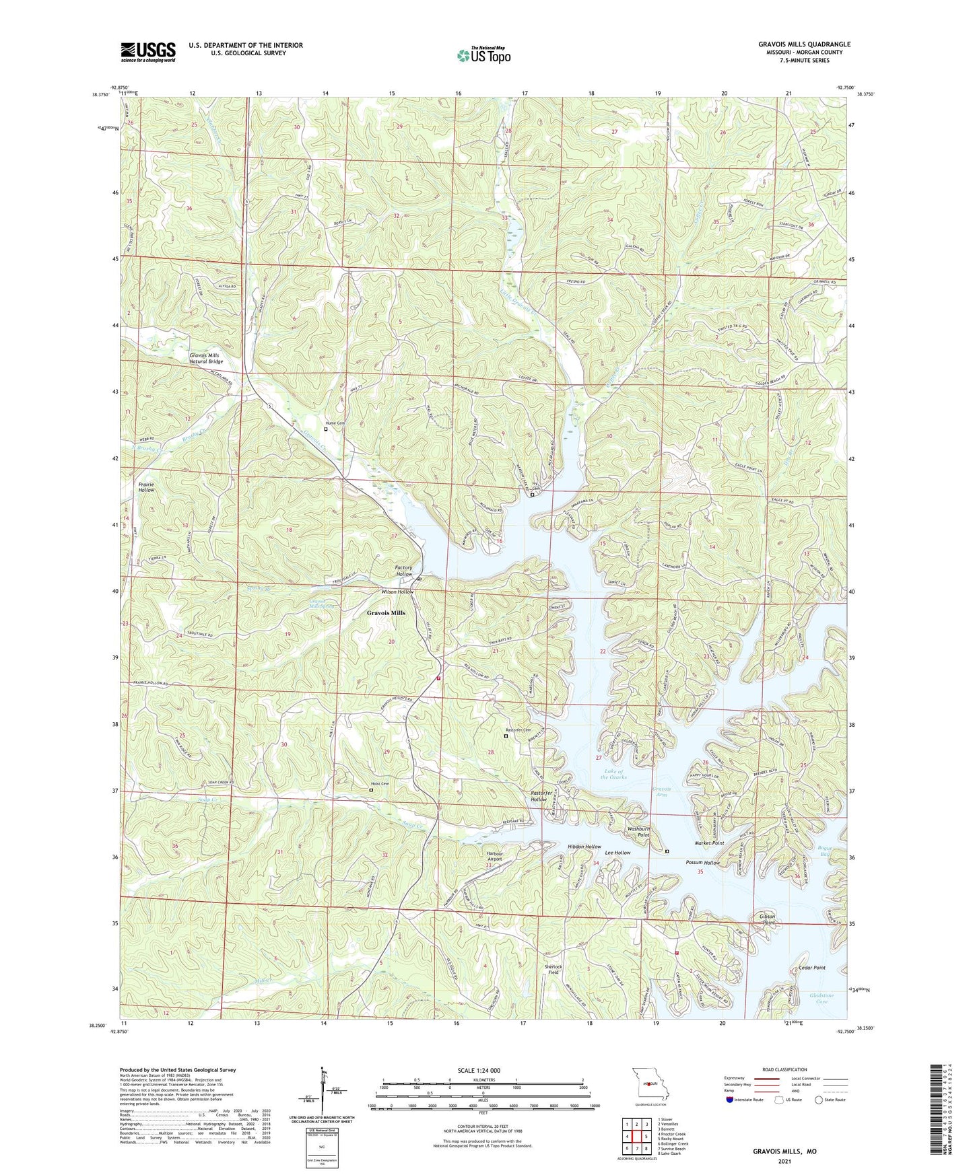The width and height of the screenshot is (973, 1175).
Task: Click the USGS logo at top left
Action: pyautogui.click(x=148, y=51)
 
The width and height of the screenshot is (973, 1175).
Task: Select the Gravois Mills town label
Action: pyautogui.click(x=386, y=613)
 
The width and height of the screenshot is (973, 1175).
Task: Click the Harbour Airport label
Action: pyautogui.click(x=494, y=856)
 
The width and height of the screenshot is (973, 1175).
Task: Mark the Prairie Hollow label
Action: pyautogui.click(x=146, y=487)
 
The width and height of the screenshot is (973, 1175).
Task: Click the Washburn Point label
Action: pyautogui.click(x=638, y=832)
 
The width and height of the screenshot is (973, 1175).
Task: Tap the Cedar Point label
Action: pyautogui.click(x=811, y=968)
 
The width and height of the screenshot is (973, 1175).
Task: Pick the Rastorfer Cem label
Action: pyautogui.click(x=518, y=730)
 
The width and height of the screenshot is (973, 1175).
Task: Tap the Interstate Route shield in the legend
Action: pyautogui.click(x=730, y=1100)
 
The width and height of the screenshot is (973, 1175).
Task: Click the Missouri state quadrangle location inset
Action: pyautogui.click(x=650, y=1085)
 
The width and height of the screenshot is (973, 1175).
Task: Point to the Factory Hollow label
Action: pyautogui.click(x=403, y=571)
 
